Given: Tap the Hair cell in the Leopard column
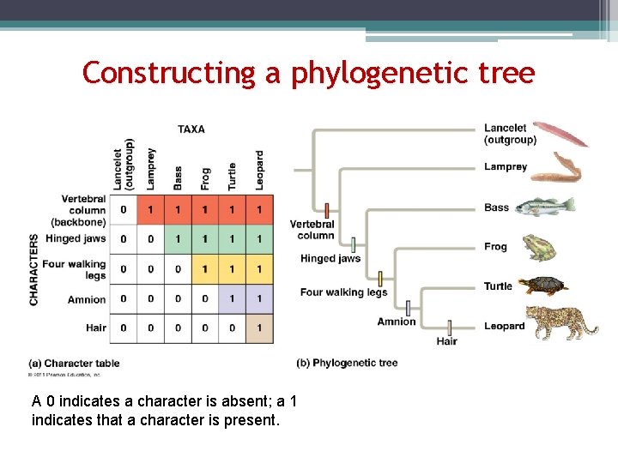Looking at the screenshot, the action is point(259,328).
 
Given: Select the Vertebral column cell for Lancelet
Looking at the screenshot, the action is point(124,210).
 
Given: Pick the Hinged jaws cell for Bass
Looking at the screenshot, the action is point(178,239).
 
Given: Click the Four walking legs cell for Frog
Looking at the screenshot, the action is point(204,269).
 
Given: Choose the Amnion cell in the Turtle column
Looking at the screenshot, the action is point(232,299).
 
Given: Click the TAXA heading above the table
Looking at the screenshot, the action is point(191,129).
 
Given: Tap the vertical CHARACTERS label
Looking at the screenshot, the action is point(34,269).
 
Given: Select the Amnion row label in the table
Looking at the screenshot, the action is point(87,300).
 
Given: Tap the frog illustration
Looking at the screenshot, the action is point(539,247).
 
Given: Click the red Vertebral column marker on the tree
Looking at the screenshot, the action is point(327,210).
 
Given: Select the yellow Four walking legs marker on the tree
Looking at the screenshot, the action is point(380,279).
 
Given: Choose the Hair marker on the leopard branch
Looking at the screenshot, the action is point(449,327).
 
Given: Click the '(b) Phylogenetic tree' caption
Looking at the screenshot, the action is point(347,363).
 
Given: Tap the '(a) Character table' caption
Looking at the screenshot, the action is point(74,364).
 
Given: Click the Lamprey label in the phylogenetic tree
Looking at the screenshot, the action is point(506,167).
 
